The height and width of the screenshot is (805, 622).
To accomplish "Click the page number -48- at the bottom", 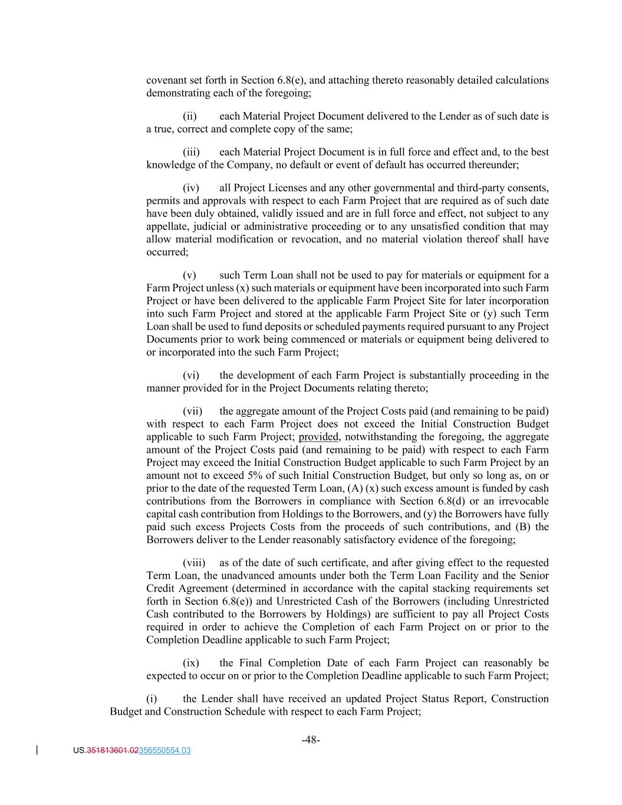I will coord(311,740).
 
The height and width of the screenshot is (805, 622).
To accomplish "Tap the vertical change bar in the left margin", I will coord(38,750).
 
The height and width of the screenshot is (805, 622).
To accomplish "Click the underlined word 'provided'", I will coord(319,437).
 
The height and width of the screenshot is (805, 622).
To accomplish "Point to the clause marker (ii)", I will coord(189,116).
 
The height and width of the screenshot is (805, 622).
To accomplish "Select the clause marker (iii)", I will coord(190,152).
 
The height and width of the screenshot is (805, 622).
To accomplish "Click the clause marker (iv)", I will coord(190,188).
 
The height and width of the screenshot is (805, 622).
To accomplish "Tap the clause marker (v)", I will coord(189,275).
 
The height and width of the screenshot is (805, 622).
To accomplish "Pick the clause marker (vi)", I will coord(190,375).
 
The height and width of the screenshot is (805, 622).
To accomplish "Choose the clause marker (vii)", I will coord(192,411).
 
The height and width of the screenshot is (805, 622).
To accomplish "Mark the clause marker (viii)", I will coord(194,563).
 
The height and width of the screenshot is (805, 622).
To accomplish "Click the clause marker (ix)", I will coord(190,663).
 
